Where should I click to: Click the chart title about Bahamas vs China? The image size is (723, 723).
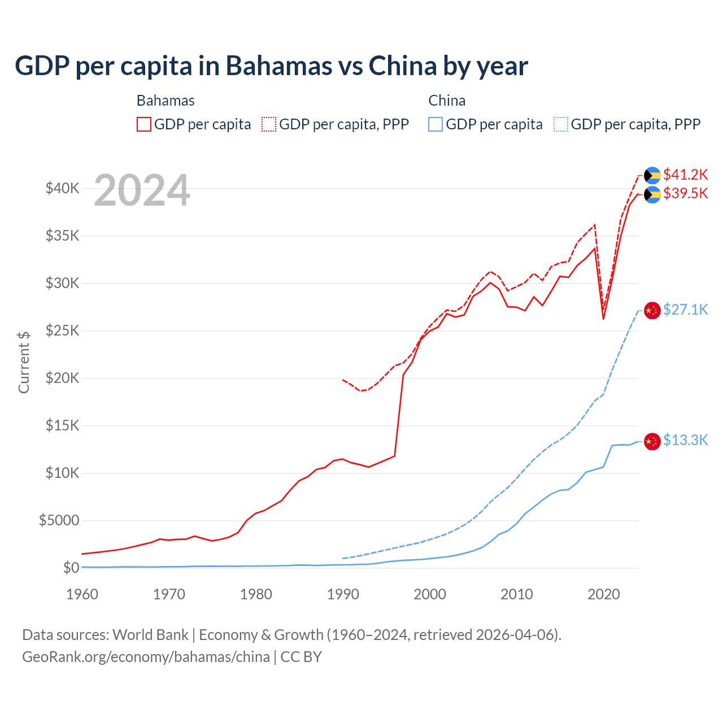coord(271,66)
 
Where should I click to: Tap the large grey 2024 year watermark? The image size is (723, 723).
coord(142,190)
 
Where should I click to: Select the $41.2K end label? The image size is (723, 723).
coord(685,175)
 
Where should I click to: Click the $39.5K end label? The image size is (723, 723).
coord(685,194)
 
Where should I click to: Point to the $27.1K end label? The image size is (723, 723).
coord(685,310)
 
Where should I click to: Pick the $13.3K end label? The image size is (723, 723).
coord(685,441)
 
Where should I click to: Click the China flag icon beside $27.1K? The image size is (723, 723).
coord(652,311)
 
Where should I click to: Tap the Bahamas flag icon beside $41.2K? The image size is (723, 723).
coord(652,176)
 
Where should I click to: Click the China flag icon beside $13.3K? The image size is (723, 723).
coord(652,441)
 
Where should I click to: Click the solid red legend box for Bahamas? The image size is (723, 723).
coord(144,124)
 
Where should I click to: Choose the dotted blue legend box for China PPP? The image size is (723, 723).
coord(561,124)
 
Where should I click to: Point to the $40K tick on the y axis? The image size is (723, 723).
coord(63,189)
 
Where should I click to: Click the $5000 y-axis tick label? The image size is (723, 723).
coord(59,520)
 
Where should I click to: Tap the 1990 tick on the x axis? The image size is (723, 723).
coord(343,594)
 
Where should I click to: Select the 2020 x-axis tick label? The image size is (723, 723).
coord(604,594)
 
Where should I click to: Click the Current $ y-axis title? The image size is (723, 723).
coord(24,363)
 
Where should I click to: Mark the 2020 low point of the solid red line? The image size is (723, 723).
coord(603,319)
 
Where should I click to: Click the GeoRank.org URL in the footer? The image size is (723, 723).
coord(146,657)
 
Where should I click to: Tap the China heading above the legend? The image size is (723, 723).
coord(447,101)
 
